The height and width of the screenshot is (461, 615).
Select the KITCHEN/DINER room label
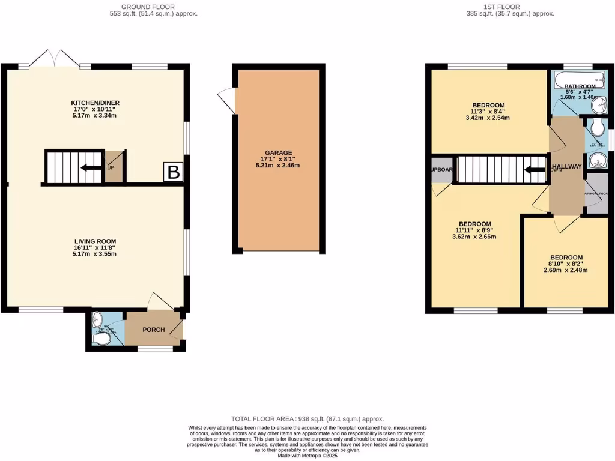coord(95,103)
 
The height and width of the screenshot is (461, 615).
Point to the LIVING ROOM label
coord(95,241)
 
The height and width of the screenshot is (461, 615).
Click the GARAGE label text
coord(277,153)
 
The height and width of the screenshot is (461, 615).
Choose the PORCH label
coord(154,330)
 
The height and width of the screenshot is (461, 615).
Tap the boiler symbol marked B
coord(173,173)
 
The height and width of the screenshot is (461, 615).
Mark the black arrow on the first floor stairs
coord(534,170)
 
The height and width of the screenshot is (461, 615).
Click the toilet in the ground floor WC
coord(102,340)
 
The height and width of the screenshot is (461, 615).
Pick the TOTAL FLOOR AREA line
coord(307,418)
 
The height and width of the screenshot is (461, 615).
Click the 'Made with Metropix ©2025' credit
coord(307,456)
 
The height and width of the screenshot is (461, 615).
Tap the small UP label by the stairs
coord(110,167)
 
